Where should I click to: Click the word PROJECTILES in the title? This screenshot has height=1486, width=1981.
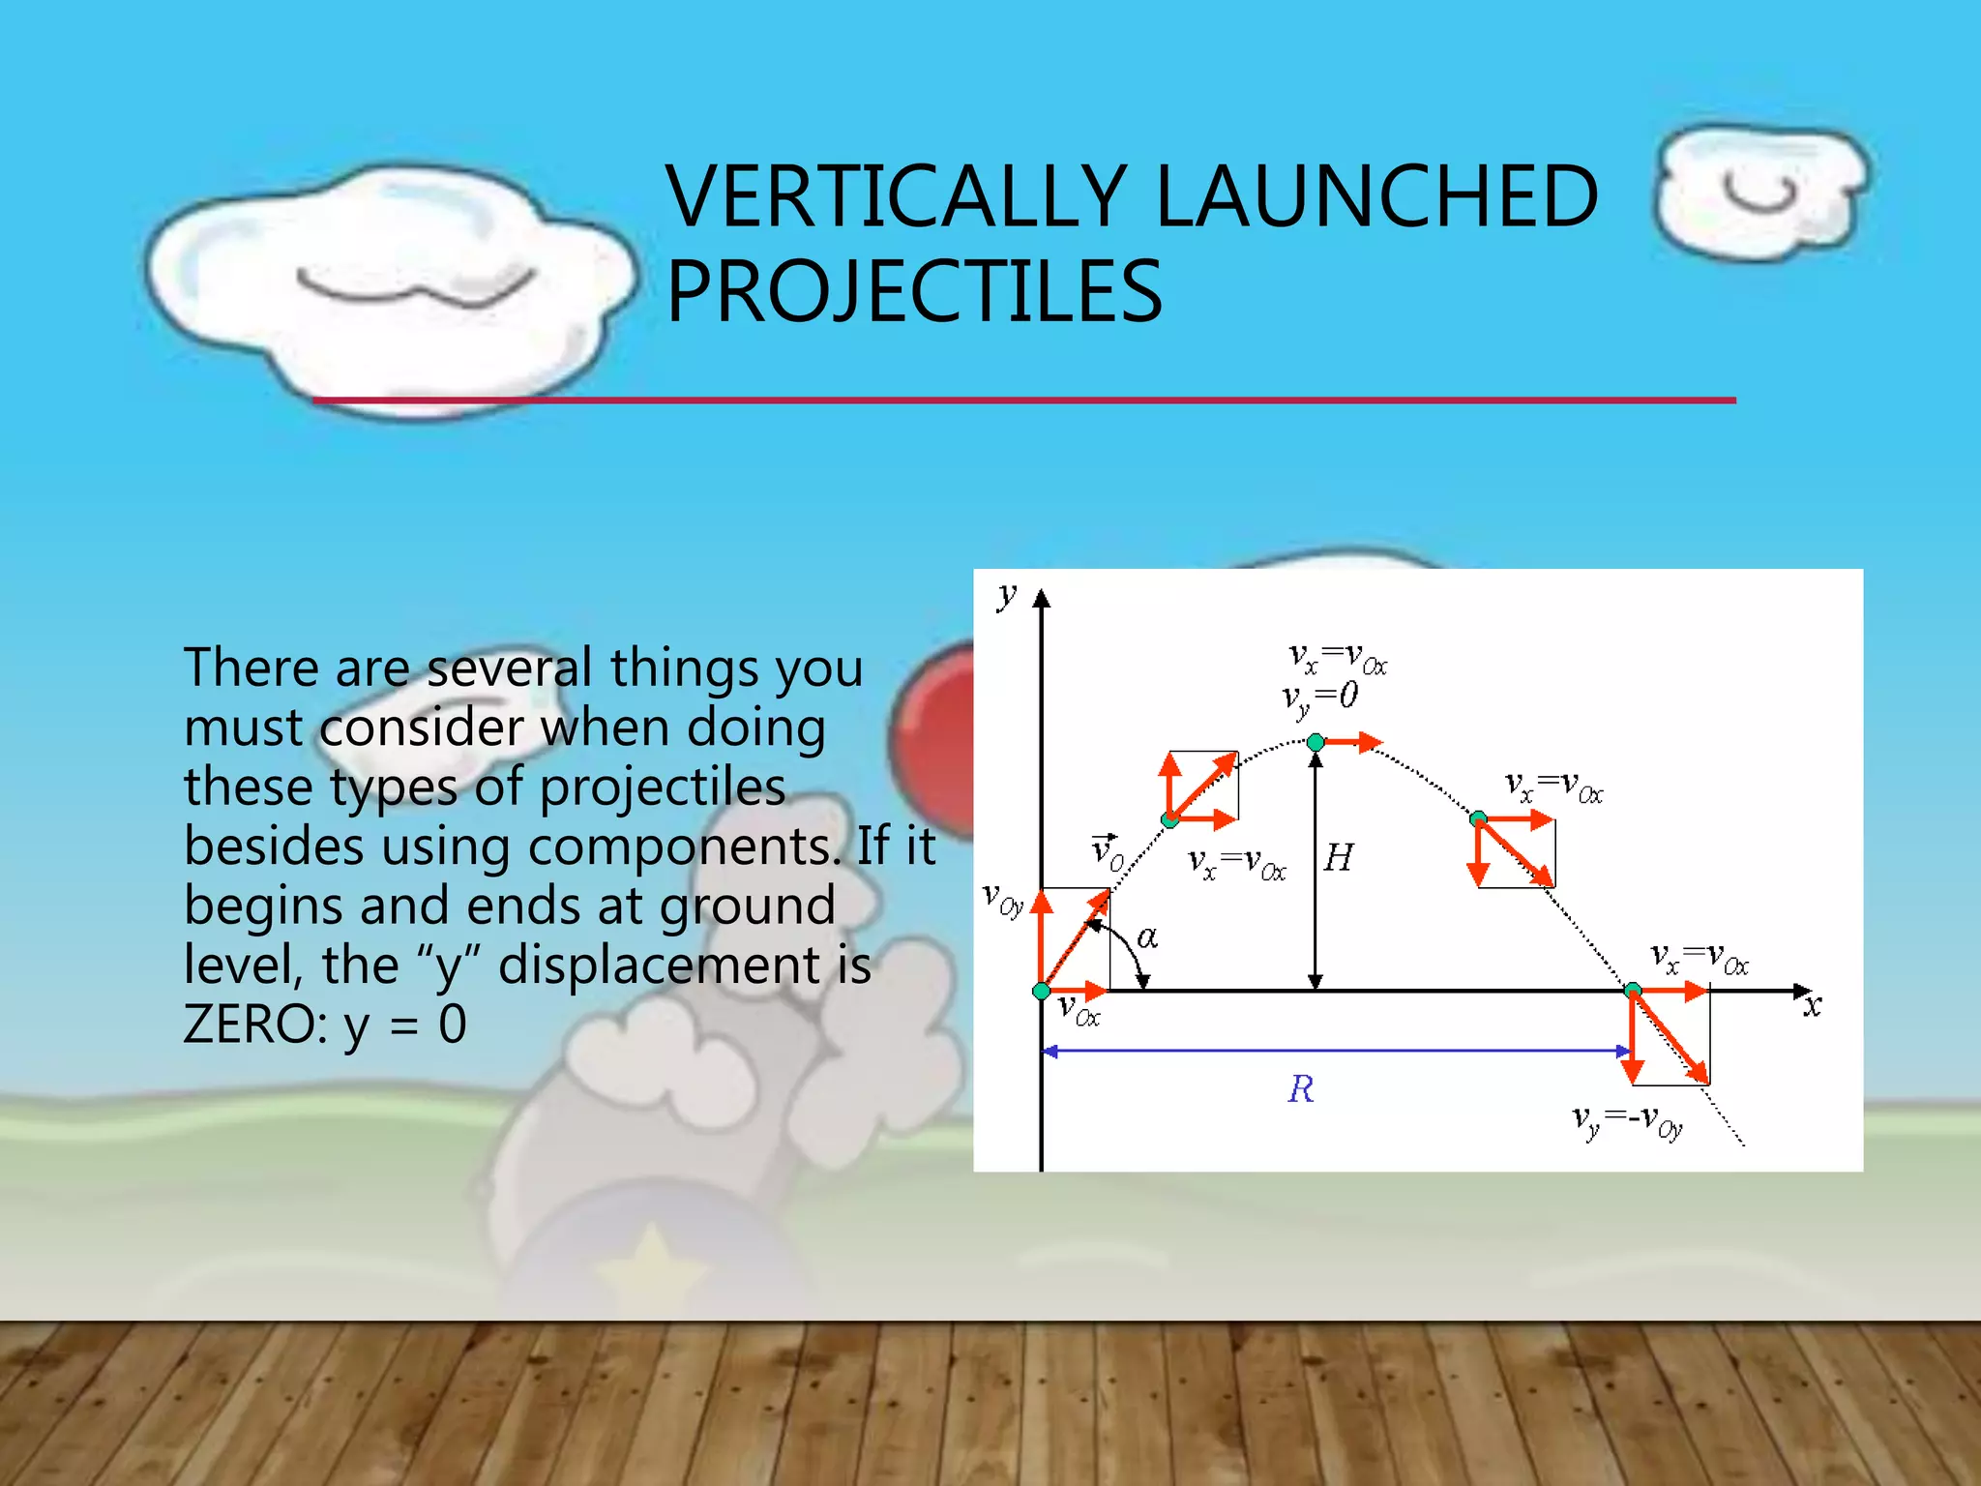pyautogui.click(x=914, y=291)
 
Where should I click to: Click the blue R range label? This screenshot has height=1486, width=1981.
pyautogui.click(x=1301, y=1090)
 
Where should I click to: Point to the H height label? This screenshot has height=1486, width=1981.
pyautogui.click(x=1339, y=858)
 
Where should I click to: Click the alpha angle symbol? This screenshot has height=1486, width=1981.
pyautogui.click(x=1147, y=936)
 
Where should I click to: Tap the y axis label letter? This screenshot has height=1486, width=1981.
pyautogui.click(x=1008, y=594)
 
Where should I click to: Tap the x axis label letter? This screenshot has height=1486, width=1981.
pyautogui.click(x=1812, y=1006)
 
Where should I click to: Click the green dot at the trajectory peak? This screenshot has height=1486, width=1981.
pyautogui.click(x=1316, y=743)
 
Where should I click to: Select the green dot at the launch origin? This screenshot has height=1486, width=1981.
pyautogui.click(x=1042, y=991)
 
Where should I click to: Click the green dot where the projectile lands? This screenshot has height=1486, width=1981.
pyautogui.click(x=1633, y=990)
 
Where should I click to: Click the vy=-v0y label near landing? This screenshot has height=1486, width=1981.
pyautogui.click(x=1628, y=1123)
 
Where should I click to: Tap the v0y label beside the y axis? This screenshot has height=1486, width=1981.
pyautogui.click(x=1002, y=899)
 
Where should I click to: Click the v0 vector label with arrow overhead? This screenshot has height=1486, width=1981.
pyautogui.click(x=1107, y=852)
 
